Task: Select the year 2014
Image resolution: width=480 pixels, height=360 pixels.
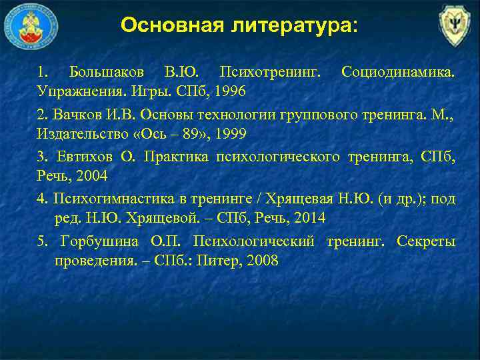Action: point(311,218)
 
